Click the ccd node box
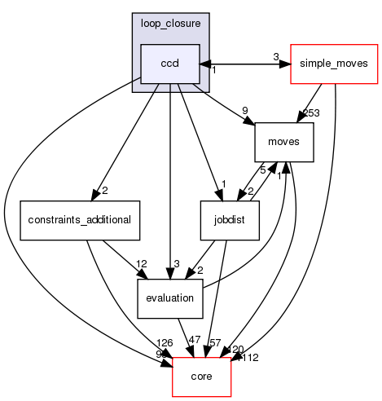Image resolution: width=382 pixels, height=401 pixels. coord(169,64)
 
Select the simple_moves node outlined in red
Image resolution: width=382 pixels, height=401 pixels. coord(334,64)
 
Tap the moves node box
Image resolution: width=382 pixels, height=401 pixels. coord(279,141)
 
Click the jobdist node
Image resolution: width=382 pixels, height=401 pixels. coord(230,219)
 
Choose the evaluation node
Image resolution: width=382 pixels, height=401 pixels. coord(169,297)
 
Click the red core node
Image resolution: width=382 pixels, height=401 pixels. coord(201,376)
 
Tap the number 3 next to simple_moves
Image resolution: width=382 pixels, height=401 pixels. coord(276,57)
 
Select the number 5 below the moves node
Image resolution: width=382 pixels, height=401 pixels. coord(261,171)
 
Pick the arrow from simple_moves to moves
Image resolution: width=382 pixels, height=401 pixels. coord(306,103)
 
